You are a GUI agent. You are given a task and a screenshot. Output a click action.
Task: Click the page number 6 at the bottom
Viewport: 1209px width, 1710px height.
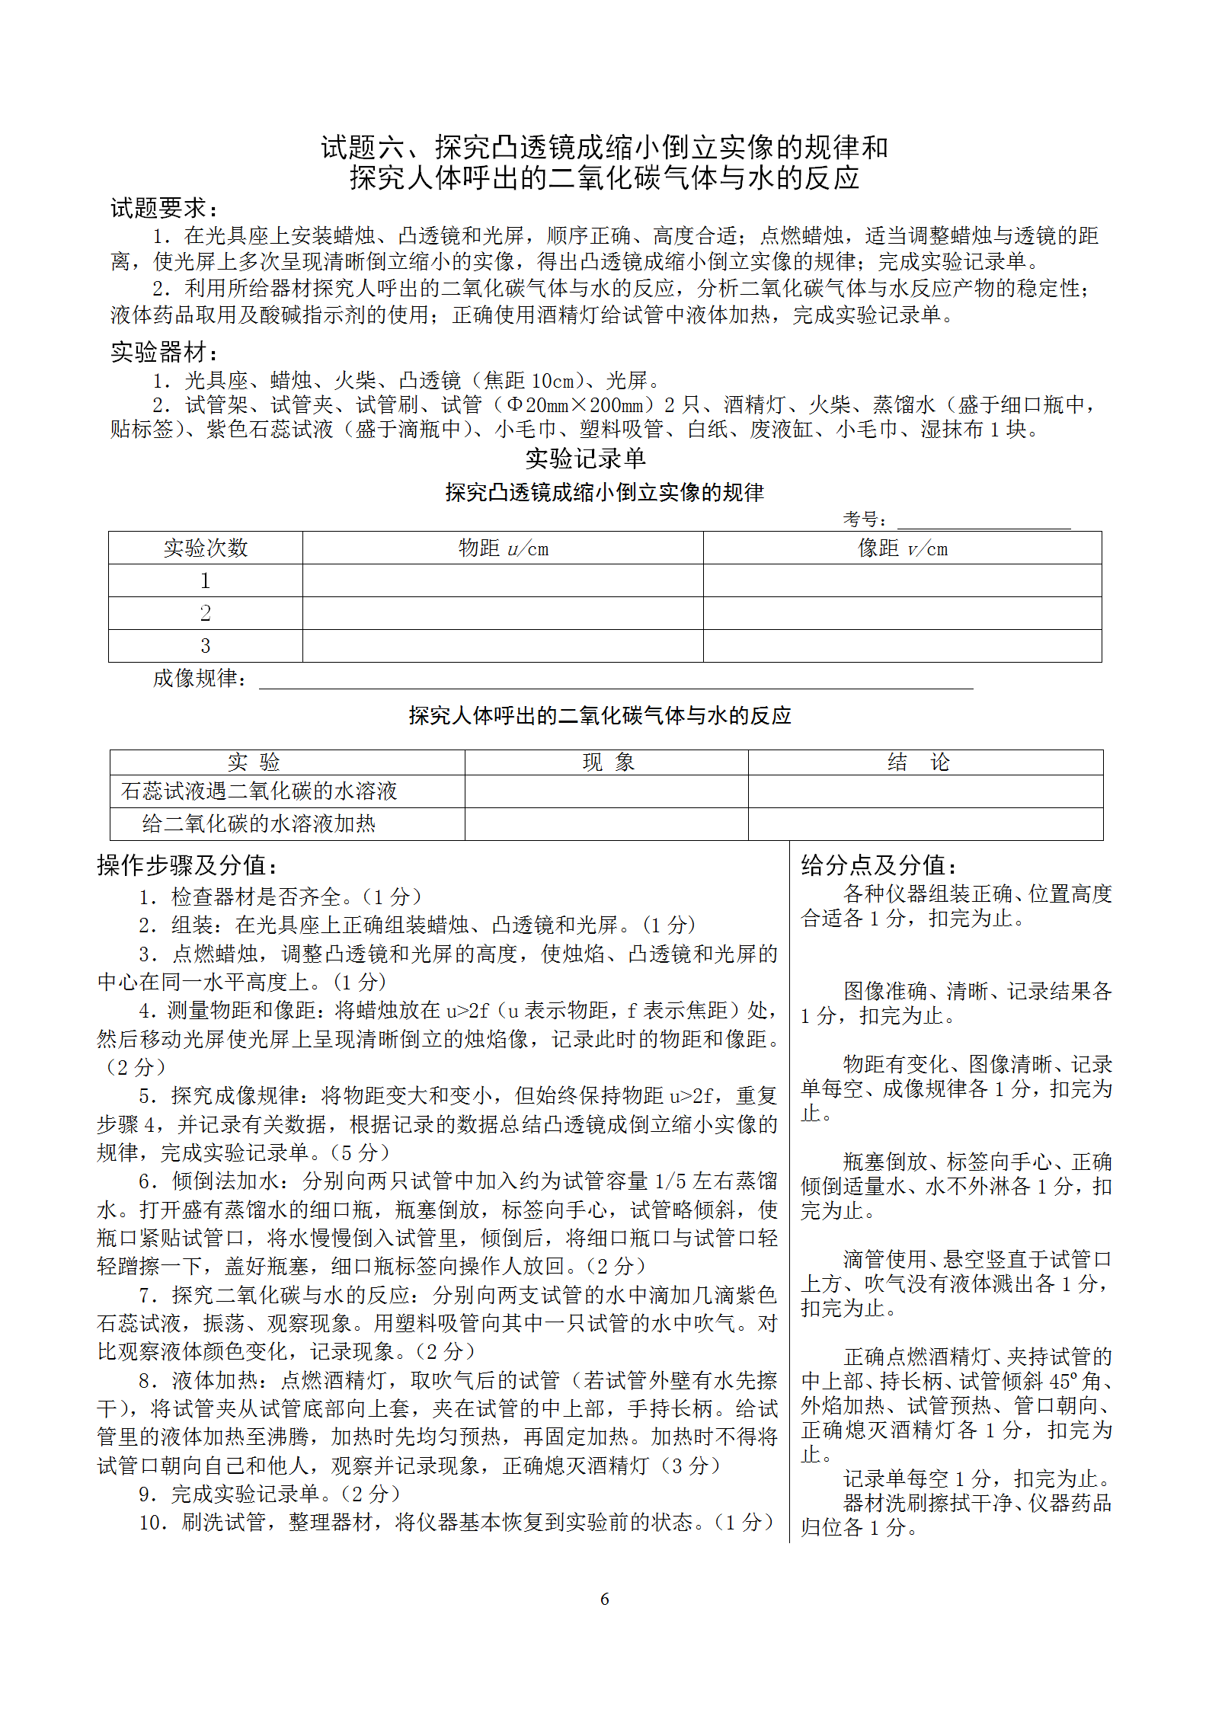click(x=604, y=1599)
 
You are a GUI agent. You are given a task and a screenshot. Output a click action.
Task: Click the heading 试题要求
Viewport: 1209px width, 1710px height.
click(x=164, y=208)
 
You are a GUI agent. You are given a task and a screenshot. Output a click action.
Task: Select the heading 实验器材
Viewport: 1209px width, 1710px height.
click(x=164, y=352)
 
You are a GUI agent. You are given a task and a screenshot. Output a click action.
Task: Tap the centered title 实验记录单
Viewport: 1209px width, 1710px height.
click(x=585, y=459)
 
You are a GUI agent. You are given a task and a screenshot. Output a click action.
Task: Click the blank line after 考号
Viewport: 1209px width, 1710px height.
click(x=983, y=520)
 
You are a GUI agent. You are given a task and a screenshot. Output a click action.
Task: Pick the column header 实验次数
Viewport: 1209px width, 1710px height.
click(x=206, y=548)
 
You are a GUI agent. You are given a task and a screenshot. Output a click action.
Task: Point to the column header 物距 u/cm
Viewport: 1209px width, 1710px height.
click(x=503, y=548)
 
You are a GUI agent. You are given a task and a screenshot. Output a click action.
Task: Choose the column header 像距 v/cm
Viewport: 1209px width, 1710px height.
click(x=903, y=548)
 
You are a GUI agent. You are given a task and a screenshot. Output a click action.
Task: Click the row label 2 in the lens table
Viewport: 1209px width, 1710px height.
click(x=206, y=613)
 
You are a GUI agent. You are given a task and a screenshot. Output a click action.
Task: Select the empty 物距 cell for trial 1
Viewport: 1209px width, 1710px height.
click(x=503, y=580)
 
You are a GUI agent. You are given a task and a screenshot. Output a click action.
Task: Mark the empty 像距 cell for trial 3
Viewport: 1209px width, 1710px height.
click(x=903, y=646)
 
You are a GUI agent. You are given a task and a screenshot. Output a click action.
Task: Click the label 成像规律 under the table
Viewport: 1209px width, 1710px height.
click(x=199, y=678)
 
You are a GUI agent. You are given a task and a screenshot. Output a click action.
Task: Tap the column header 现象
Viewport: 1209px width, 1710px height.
click(x=608, y=762)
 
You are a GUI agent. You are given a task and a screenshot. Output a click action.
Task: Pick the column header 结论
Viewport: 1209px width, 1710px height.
click(x=919, y=762)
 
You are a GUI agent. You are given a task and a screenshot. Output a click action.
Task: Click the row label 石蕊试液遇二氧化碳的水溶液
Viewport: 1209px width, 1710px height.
click(x=259, y=791)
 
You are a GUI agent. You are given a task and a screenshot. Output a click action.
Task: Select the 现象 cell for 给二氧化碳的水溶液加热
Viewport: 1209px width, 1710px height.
click(x=606, y=824)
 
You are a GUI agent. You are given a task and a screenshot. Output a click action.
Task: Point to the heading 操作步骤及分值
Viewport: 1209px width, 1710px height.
click(x=187, y=865)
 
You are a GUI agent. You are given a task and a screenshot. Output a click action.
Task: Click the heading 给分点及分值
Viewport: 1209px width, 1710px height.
click(x=879, y=865)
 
